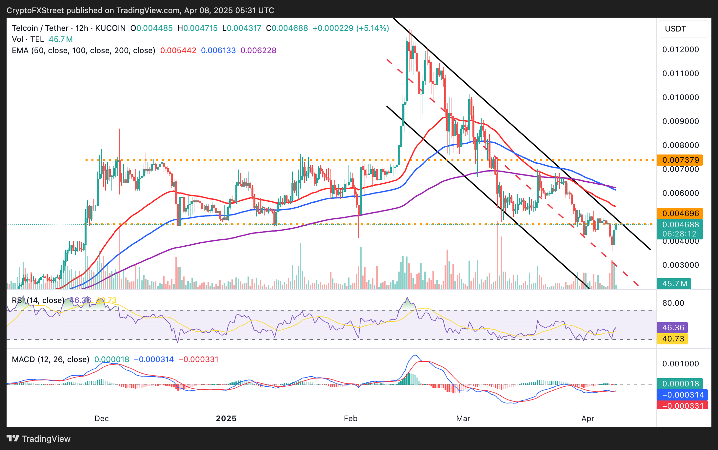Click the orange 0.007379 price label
pyautogui.click(x=680, y=160)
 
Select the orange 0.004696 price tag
pyautogui.click(x=680, y=214)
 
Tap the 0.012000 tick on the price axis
pyautogui.click(x=681, y=50)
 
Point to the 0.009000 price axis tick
pyautogui.click(x=681, y=121)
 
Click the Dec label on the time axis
pyautogui.click(x=101, y=419)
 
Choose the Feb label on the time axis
pyautogui.click(x=350, y=419)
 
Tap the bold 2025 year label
pyautogui.click(x=226, y=419)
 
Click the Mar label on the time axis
pyautogui.click(x=463, y=419)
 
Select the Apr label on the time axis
pyautogui.click(x=588, y=419)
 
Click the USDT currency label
pyautogui.click(x=675, y=29)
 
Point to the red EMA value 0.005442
pyautogui.click(x=178, y=51)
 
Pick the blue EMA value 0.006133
pyautogui.click(x=218, y=51)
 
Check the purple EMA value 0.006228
pyautogui.click(x=258, y=51)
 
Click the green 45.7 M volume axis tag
pyautogui.click(x=674, y=283)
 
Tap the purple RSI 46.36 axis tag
pyautogui.click(x=673, y=328)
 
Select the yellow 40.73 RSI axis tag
pyautogui.click(x=673, y=339)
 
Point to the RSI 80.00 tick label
pyautogui.click(x=673, y=303)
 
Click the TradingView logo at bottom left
pyautogui.click(x=39, y=439)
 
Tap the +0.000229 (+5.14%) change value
pyautogui.click(x=351, y=28)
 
